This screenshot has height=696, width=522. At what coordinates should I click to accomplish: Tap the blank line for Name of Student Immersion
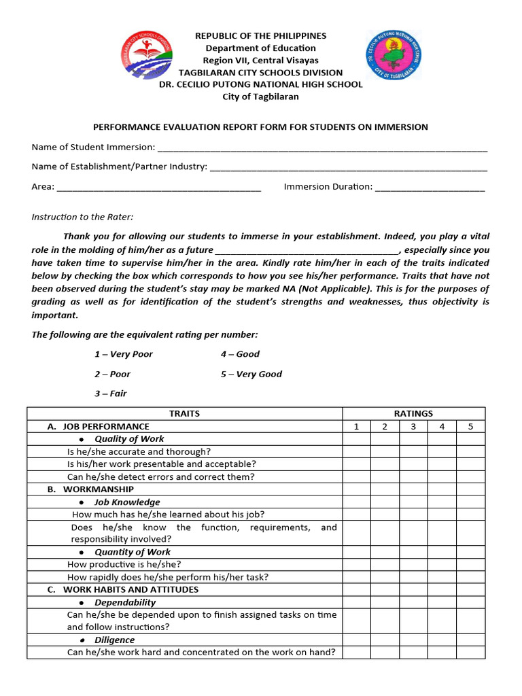coord(322,148)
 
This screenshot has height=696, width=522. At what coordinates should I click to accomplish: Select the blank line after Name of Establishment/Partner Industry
coord(349,167)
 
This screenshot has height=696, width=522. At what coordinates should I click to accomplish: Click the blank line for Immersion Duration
coord(430,188)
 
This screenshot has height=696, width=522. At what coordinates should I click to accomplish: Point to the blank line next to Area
coord(159,188)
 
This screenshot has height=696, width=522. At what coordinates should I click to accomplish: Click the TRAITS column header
coord(184,413)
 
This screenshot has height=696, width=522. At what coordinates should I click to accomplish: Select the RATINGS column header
coord(413,413)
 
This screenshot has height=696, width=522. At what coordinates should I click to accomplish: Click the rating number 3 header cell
coord(413,426)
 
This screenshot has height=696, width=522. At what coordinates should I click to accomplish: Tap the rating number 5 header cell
coord(470,426)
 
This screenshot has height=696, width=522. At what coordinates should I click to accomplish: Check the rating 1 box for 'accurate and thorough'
coord(356,451)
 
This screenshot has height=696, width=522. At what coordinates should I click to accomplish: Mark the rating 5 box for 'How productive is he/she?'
coord(470,564)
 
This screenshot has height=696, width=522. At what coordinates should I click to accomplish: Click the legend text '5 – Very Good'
coord(251,375)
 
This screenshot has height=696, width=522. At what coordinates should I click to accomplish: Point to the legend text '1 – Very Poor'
coord(124,354)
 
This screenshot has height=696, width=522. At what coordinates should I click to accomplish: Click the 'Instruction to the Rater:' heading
coord(83,217)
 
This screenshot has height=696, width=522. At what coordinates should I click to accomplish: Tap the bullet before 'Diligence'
coord(82,640)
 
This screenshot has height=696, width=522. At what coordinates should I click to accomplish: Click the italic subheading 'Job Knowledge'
coord(127,502)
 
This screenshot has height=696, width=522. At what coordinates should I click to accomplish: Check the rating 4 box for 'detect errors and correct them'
coord(442,477)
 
